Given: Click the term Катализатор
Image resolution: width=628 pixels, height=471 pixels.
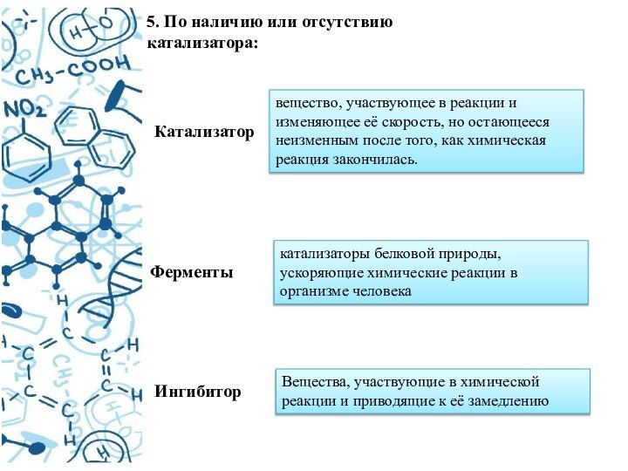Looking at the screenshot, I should [x=204, y=133].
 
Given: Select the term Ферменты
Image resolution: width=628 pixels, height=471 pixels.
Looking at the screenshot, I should [x=192, y=272].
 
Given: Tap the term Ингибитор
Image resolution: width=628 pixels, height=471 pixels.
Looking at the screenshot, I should [x=198, y=392].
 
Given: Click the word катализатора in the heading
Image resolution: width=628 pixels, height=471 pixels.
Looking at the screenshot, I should [x=202, y=41].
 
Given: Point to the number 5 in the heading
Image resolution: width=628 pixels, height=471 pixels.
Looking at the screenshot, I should [x=150, y=22].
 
